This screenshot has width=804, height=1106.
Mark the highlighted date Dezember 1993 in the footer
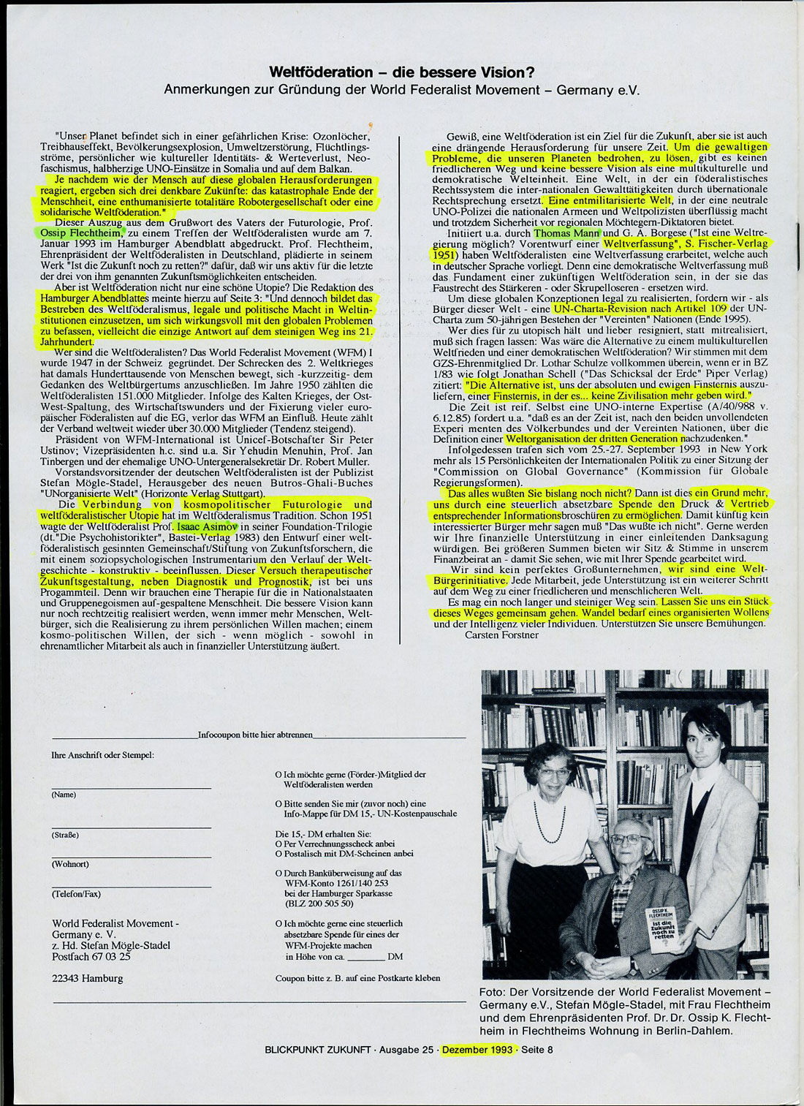pyautogui.click(x=477, y=1049)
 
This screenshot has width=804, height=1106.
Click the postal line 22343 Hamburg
pyautogui.click(x=88, y=978)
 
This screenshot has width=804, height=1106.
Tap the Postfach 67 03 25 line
pyautogui.click(x=91, y=955)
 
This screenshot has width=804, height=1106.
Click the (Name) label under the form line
pyautogui.click(x=64, y=795)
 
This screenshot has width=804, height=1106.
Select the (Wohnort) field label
pyautogui.click(x=69, y=864)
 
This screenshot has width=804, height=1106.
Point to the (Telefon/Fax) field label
pyautogui.click(x=76, y=894)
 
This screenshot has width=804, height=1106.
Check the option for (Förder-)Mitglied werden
pyautogui.click(x=278, y=774)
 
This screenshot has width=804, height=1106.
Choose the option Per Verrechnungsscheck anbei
pyautogui.click(x=278, y=843)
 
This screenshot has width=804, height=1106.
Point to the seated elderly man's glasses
pyautogui.click(x=629, y=839)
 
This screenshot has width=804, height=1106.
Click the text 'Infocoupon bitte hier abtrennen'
pyautogui.click(x=256, y=735)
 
